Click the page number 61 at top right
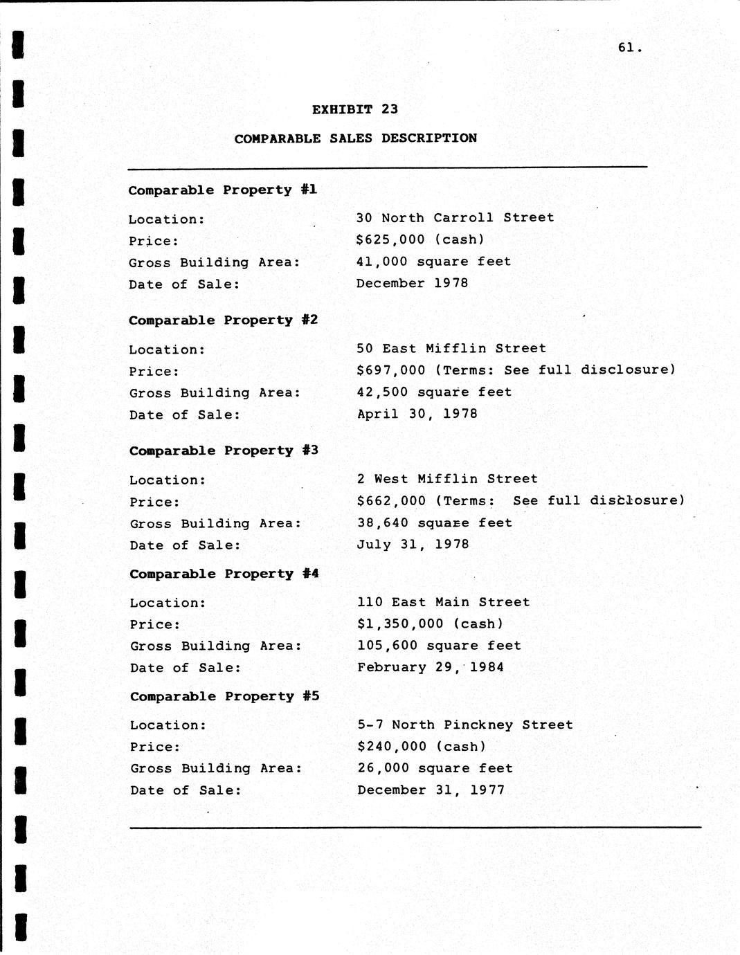point(629,48)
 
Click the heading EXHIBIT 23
point(354,109)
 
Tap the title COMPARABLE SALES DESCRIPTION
point(355,138)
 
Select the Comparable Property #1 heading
point(222,190)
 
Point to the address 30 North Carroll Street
point(455,218)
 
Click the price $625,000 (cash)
point(420,240)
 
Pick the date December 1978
point(412,283)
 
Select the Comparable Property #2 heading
point(223,320)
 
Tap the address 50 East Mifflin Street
point(451,349)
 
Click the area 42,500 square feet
point(434,392)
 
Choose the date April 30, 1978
point(417,414)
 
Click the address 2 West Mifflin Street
point(447,479)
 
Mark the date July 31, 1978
point(413,545)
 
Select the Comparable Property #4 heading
point(224,574)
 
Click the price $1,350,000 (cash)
point(430,624)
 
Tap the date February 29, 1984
point(430,667)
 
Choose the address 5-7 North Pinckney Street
point(464,725)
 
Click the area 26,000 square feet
point(435,768)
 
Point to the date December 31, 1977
point(431,790)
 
